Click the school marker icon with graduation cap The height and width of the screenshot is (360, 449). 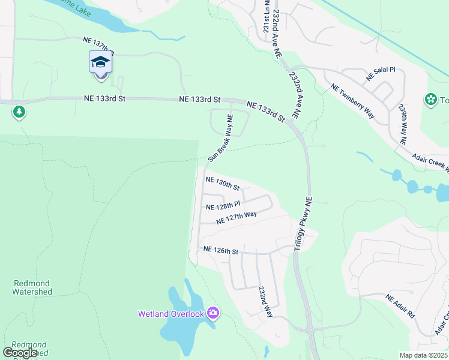101,62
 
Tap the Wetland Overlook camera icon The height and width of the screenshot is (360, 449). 212,313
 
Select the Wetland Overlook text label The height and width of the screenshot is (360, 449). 171,313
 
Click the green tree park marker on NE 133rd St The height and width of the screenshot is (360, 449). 19,112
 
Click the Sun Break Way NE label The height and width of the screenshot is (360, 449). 220,137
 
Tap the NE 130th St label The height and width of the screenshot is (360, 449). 222,183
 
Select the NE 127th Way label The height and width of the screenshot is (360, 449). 237,217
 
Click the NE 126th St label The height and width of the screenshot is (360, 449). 221,250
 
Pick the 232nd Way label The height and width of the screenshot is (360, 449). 266,301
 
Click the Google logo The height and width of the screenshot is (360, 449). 20,352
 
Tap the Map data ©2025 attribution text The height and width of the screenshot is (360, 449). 423,355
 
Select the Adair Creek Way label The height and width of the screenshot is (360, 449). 430,160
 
